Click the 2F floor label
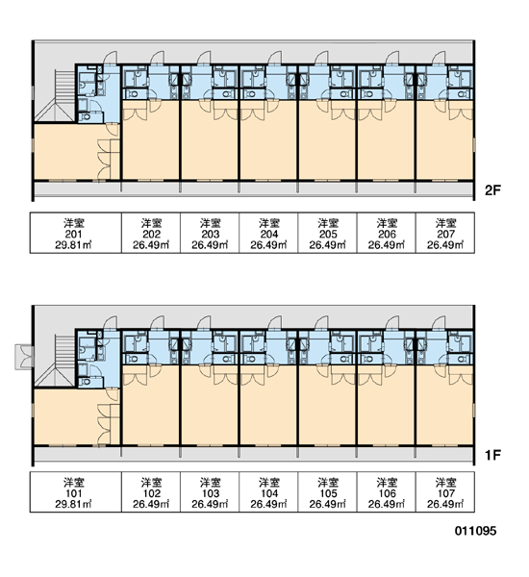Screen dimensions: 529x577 (492, 190)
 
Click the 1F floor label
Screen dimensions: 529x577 (492, 455)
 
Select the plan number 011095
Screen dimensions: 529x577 (475, 530)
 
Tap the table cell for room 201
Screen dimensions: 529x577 (76, 233)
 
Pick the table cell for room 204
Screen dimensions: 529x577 (268, 233)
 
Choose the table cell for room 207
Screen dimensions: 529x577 (445, 233)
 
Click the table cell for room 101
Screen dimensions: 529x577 (76, 492)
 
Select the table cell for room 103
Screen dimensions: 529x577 (210, 492)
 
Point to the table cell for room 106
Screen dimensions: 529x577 (387, 492)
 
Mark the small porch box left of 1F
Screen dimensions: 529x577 (24, 357)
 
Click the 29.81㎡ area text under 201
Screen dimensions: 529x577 (74, 245)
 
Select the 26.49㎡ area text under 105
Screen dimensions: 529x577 (328, 504)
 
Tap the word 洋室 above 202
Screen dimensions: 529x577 (151, 223)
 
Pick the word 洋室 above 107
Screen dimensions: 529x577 (446, 482)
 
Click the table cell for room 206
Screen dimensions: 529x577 (387, 233)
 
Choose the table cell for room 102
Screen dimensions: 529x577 (151, 492)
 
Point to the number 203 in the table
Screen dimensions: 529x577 (211, 234)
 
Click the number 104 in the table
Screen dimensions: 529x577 (269, 493)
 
